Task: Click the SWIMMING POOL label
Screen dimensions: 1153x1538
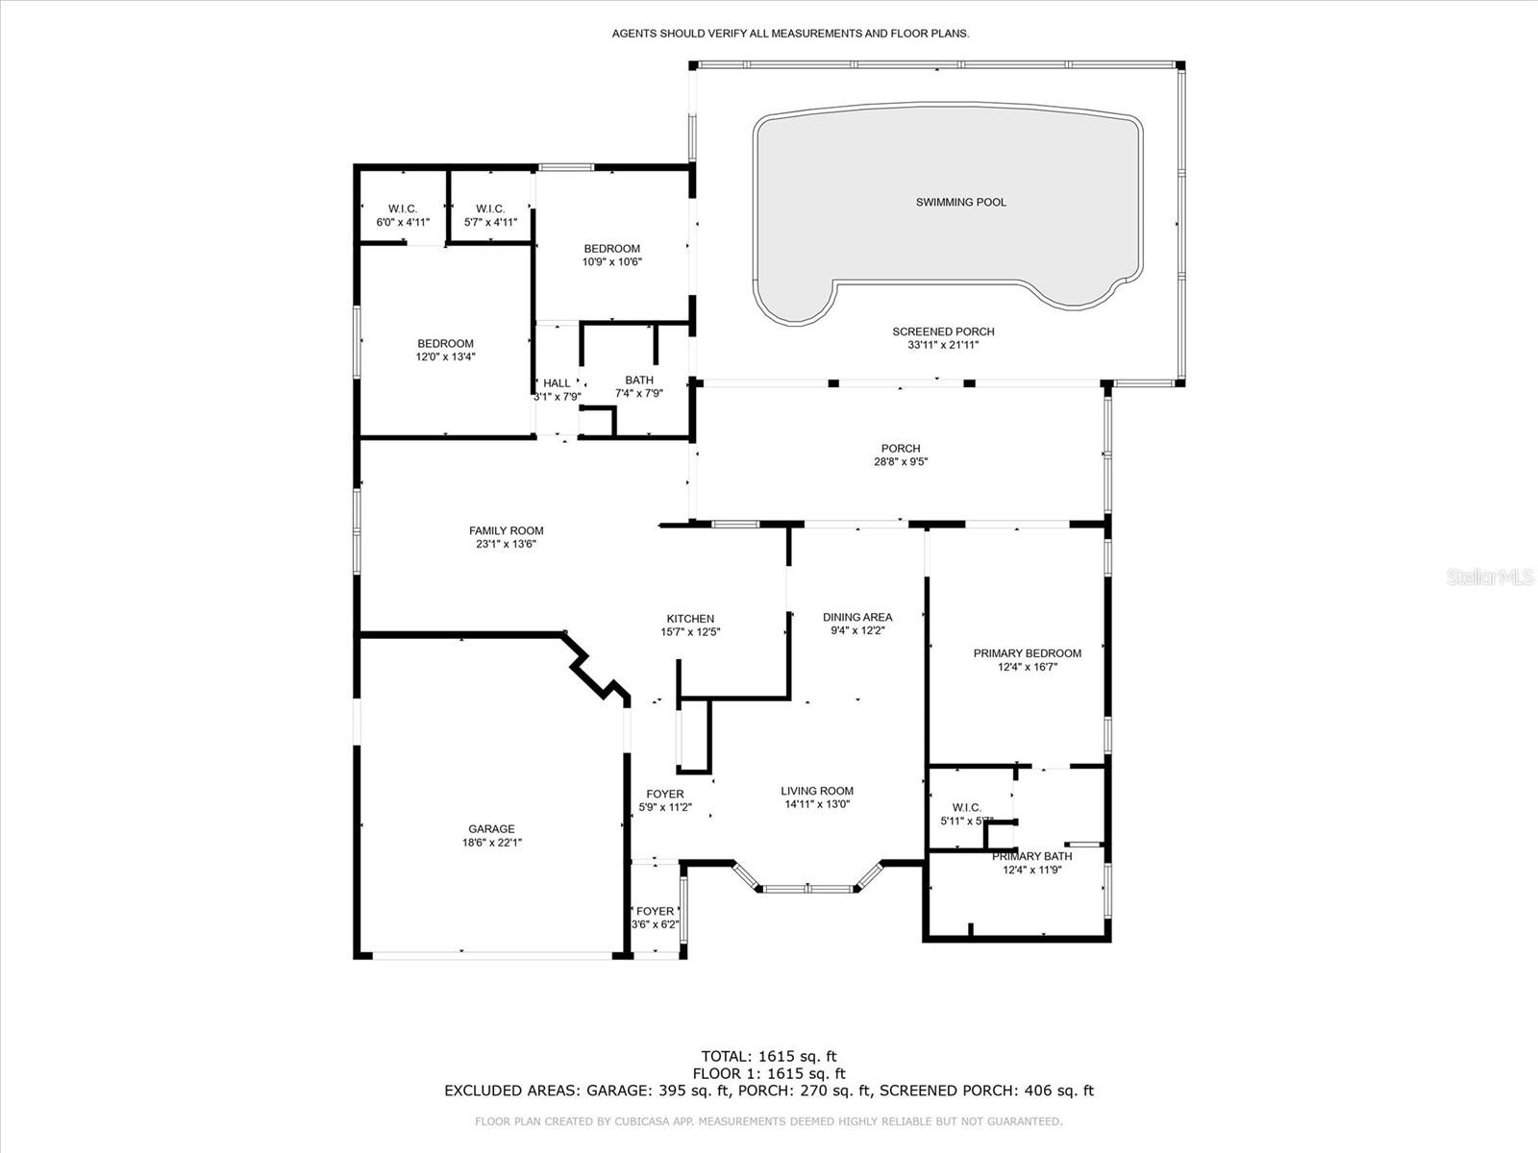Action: coord(960,202)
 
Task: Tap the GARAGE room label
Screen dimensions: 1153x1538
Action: coord(491,829)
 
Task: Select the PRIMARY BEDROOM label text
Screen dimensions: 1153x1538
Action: coord(1027,653)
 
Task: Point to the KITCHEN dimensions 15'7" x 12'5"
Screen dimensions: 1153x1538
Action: coord(690,632)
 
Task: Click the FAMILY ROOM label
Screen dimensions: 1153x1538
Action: coord(506,530)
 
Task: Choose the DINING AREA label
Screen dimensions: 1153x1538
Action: coord(857,617)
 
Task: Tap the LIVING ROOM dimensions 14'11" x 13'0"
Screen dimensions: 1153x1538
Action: coord(817,805)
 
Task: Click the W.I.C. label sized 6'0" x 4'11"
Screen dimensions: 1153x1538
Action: coord(402,209)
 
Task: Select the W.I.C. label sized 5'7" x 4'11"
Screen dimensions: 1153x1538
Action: coord(490,209)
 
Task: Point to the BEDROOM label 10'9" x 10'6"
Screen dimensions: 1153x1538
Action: coord(611,249)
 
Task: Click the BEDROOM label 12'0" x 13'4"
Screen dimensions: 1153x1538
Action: coord(445,344)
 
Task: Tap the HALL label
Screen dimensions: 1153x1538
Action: coord(557,382)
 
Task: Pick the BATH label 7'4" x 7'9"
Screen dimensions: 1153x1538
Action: coord(639,380)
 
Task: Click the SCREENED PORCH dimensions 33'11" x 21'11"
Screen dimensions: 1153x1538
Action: coord(943,345)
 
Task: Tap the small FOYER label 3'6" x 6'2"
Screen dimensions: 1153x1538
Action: coord(655,912)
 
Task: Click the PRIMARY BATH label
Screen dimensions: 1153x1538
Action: coord(1031,856)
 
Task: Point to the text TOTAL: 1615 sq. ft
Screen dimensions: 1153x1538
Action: coord(768,1056)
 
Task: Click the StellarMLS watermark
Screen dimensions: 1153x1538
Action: coord(1493,577)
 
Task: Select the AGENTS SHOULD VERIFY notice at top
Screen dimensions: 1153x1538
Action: coord(790,34)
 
